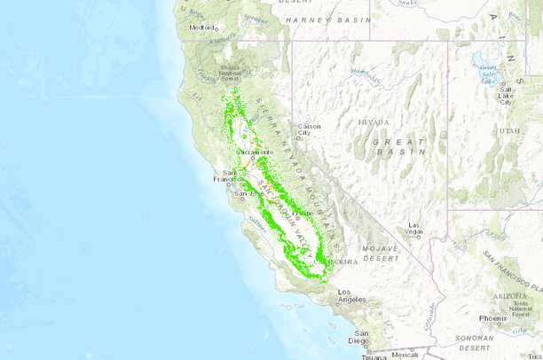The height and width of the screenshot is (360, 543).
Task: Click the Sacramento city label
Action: (252, 152)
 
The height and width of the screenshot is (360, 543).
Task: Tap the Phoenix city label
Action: (492, 317)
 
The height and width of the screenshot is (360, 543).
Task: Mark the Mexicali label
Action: (405, 355)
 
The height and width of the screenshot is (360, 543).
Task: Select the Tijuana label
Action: (374, 356)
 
